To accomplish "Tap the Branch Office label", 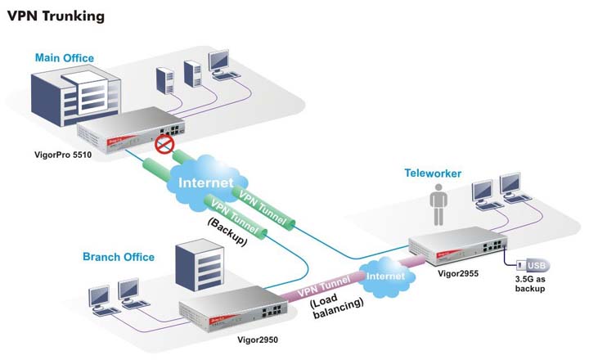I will [118, 257].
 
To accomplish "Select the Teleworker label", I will [433, 173].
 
